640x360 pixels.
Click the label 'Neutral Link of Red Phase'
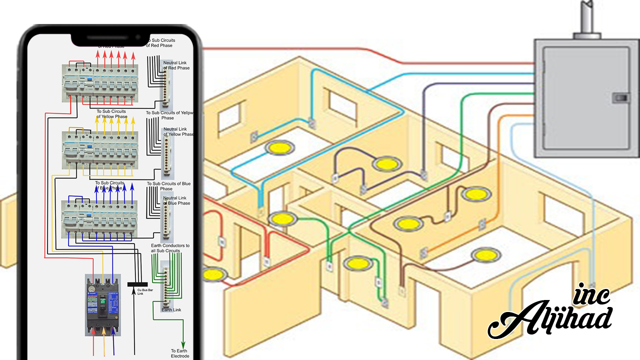click(x=176, y=65)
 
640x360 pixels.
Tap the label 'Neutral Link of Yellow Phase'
click(x=178, y=131)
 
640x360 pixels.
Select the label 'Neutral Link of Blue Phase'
click(x=176, y=200)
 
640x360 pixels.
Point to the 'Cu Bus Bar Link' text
click(x=144, y=291)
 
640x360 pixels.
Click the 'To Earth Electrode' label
click(x=180, y=353)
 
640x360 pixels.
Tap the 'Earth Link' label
click(x=171, y=310)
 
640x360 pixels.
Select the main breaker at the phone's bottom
click(x=103, y=305)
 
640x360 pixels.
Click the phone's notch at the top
click(x=109, y=38)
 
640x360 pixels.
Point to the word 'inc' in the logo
click(x=593, y=295)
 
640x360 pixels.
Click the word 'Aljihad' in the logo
click(x=549, y=319)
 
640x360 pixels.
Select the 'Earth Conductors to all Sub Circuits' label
click(x=170, y=248)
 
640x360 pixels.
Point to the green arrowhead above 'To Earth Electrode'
click(x=183, y=343)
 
